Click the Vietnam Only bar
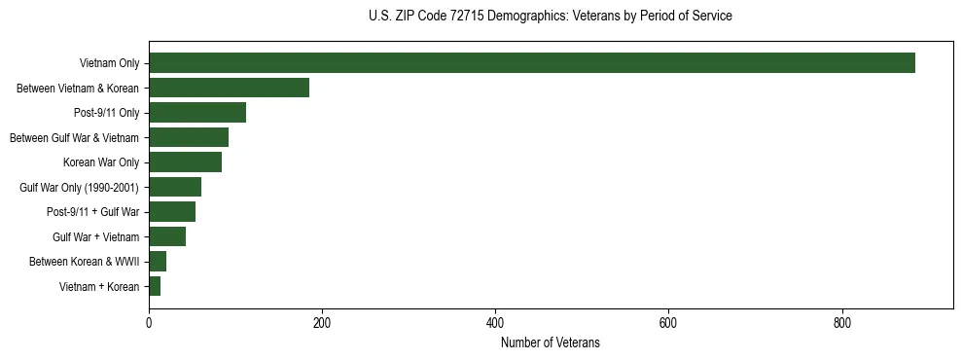(532, 63)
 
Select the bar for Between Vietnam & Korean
(229, 88)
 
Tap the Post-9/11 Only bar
(197, 113)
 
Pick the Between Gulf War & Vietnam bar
(189, 137)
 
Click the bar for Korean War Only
(185, 162)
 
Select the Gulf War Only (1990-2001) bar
(175, 187)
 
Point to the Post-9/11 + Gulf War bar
(172, 212)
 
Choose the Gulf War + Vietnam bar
(167, 236)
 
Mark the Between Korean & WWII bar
(158, 262)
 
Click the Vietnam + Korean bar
(155, 286)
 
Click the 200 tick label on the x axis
(322, 323)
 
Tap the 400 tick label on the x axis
(495, 323)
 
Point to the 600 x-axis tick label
(668, 323)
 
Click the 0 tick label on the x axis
(149, 323)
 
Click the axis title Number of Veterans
(551, 343)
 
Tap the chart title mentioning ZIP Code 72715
(551, 17)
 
